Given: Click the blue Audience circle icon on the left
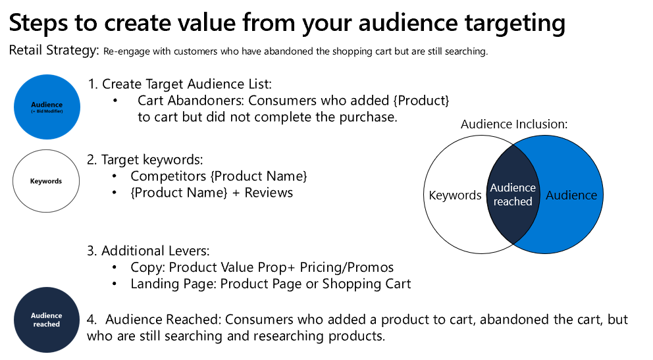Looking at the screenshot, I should (47, 107).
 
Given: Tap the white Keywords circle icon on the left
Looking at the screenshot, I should (46, 181).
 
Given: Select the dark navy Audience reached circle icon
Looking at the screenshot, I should (46, 320).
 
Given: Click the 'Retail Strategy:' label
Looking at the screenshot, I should (54, 51).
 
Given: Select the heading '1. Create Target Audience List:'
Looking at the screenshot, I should (180, 84).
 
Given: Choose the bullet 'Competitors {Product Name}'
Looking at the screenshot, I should (219, 176).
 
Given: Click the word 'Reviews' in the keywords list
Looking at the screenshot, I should (269, 193).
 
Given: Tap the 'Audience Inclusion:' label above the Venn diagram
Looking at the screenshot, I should (513, 124).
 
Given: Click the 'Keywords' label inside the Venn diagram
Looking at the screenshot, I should (455, 195).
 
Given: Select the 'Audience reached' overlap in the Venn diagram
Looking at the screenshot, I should (513, 195).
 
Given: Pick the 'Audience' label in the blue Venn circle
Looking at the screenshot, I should (571, 195).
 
